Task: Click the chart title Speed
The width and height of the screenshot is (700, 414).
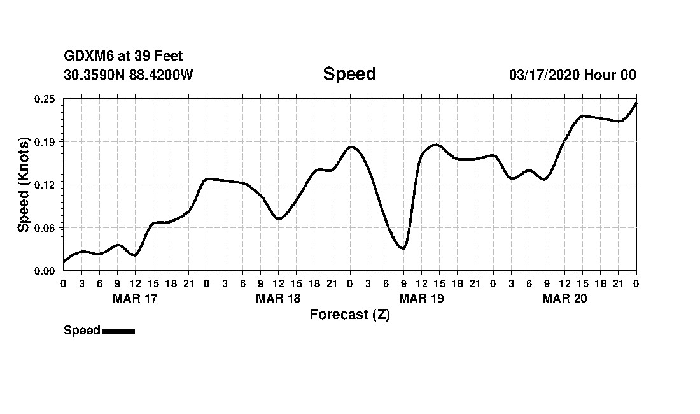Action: (x=349, y=74)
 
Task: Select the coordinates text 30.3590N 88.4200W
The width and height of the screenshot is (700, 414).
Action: (x=129, y=75)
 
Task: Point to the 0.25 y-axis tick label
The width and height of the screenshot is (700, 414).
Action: (x=45, y=99)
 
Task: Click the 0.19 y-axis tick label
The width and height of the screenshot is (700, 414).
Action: (x=45, y=141)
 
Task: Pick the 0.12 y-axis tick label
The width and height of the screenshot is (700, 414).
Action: (x=45, y=185)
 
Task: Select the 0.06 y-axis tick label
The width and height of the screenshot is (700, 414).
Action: (x=45, y=228)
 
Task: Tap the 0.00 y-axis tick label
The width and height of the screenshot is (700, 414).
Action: (x=45, y=271)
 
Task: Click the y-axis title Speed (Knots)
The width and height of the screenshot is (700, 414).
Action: (x=24, y=184)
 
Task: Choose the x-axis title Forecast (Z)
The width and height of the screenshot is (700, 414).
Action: (x=349, y=315)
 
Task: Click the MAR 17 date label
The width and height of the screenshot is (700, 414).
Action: (x=135, y=299)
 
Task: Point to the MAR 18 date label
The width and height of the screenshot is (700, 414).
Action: (x=278, y=299)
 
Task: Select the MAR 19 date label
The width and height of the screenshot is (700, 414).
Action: (x=421, y=299)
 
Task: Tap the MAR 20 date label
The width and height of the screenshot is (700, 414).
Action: (x=564, y=299)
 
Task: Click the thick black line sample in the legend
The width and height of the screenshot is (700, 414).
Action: (x=118, y=331)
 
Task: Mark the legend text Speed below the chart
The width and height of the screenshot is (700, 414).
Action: (x=82, y=331)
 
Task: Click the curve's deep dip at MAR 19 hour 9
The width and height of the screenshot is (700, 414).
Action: (x=403, y=248)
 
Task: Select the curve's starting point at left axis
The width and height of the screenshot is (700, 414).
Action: (x=64, y=261)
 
